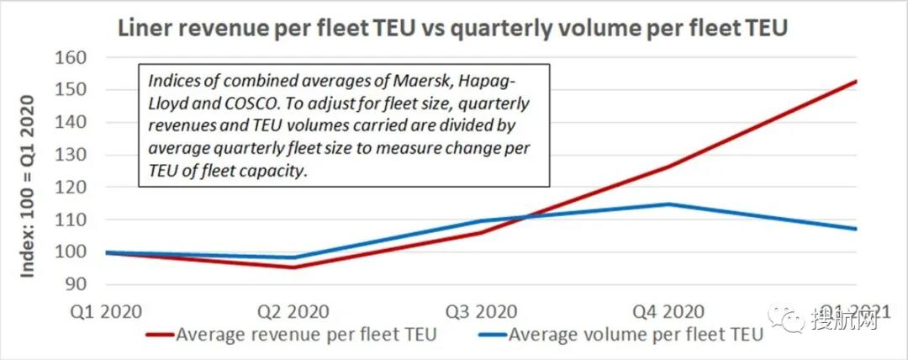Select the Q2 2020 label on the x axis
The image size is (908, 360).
pos(293,310)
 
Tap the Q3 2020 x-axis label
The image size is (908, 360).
pos(482,310)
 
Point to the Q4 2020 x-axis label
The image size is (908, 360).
pos(670,310)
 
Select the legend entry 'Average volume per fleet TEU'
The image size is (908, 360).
pos(621,335)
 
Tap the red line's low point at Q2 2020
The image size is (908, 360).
pos(293,267)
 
